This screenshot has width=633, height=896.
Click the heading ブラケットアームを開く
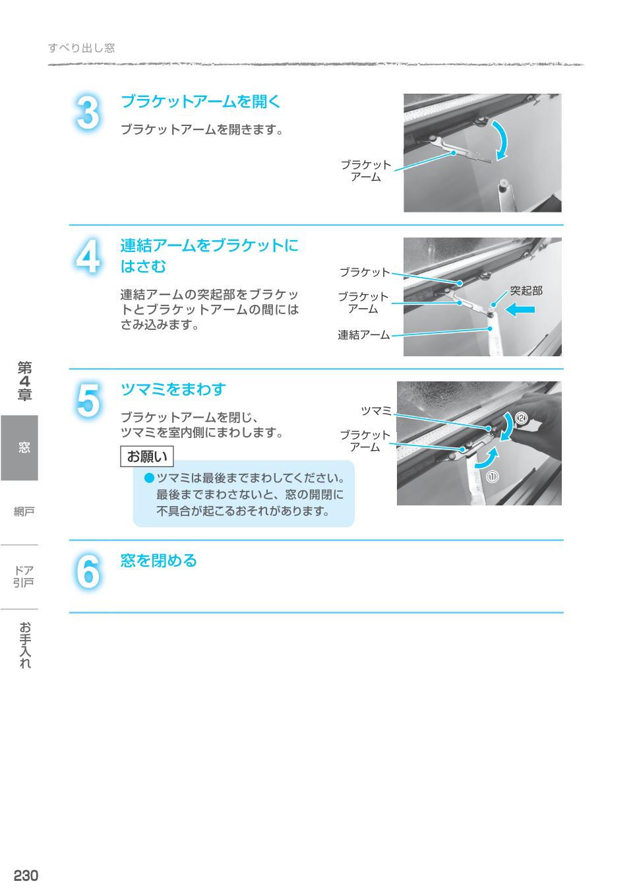[201, 102]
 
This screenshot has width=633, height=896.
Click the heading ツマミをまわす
[173, 389]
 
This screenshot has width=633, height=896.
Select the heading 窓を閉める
[159, 561]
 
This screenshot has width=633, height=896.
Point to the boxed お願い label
[146, 457]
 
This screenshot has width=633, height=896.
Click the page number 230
[26, 876]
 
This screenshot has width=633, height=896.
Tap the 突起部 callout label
[526, 290]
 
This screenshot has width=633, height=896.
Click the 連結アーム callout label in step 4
[363, 335]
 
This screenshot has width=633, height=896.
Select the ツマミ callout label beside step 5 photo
[376, 411]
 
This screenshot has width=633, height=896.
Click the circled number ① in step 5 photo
[493, 476]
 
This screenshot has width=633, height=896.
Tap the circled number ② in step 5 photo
[522, 417]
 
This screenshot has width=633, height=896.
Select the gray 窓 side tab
[19, 447]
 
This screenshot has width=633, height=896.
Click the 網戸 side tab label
[24, 511]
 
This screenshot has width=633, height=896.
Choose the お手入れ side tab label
[24, 645]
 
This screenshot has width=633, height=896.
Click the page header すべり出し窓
[82, 48]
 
